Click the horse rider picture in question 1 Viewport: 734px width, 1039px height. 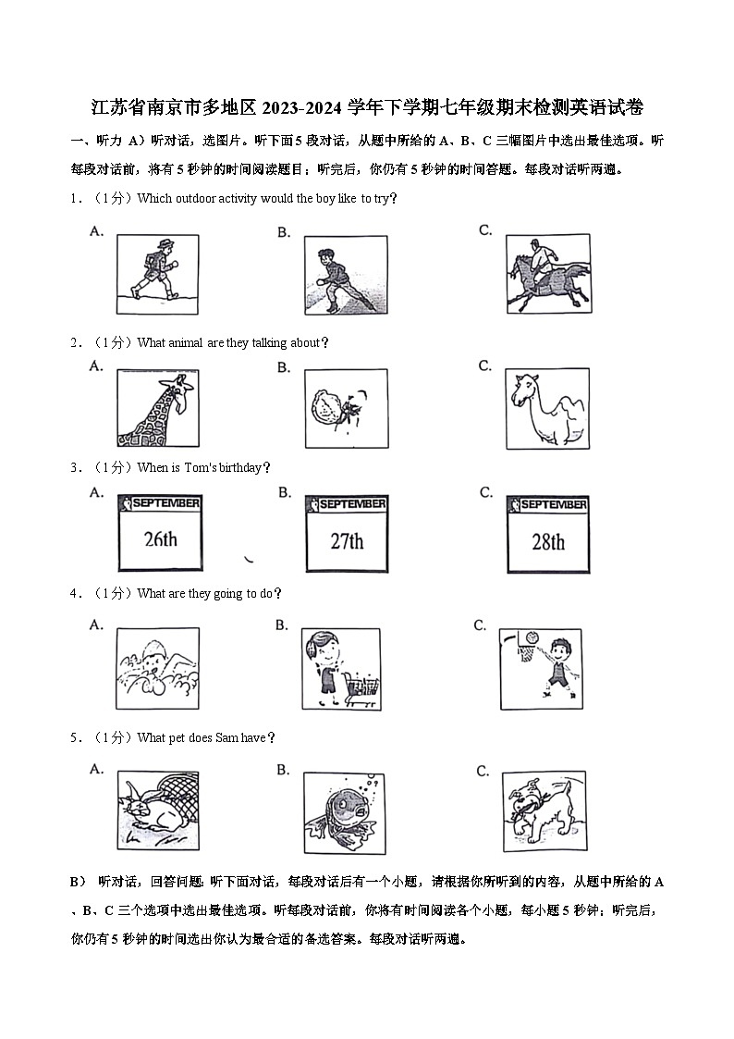(x=547, y=274)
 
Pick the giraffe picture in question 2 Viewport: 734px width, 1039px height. (x=158, y=408)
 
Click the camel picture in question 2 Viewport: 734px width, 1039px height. (x=546, y=408)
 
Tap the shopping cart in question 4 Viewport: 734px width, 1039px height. (x=361, y=690)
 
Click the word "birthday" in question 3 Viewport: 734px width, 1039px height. (x=241, y=468)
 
